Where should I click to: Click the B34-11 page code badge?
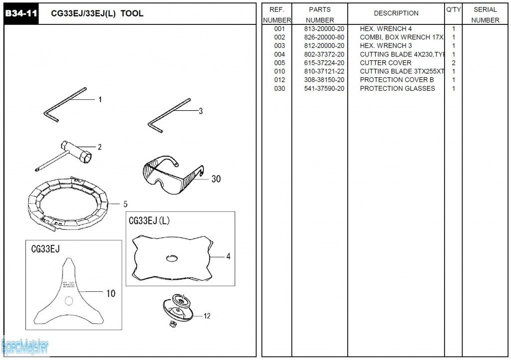pyautogui.click(x=21, y=13)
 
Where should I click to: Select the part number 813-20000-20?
pyautogui.click(x=324, y=29)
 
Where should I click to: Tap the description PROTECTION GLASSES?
pyautogui.click(x=397, y=89)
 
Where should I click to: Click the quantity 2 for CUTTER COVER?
pyautogui.click(x=453, y=63)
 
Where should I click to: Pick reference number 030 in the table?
pyautogui.click(x=279, y=89)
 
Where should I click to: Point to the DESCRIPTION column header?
pyautogui.click(x=396, y=13)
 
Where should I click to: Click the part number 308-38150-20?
pyautogui.click(x=324, y=80)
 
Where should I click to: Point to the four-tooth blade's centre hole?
pyautogui.click(x=171, y=258)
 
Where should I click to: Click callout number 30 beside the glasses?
pyautogui.click(x=216, y=179)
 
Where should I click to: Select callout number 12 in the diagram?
pyautogui.click(x=207, y=316)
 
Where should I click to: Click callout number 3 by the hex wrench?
pyautogui.click(x=201, y=111)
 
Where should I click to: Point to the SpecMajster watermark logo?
pyautogui.click(x=25, y=346)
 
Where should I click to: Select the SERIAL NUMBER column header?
pyautogui.click(x=485, y=14)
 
